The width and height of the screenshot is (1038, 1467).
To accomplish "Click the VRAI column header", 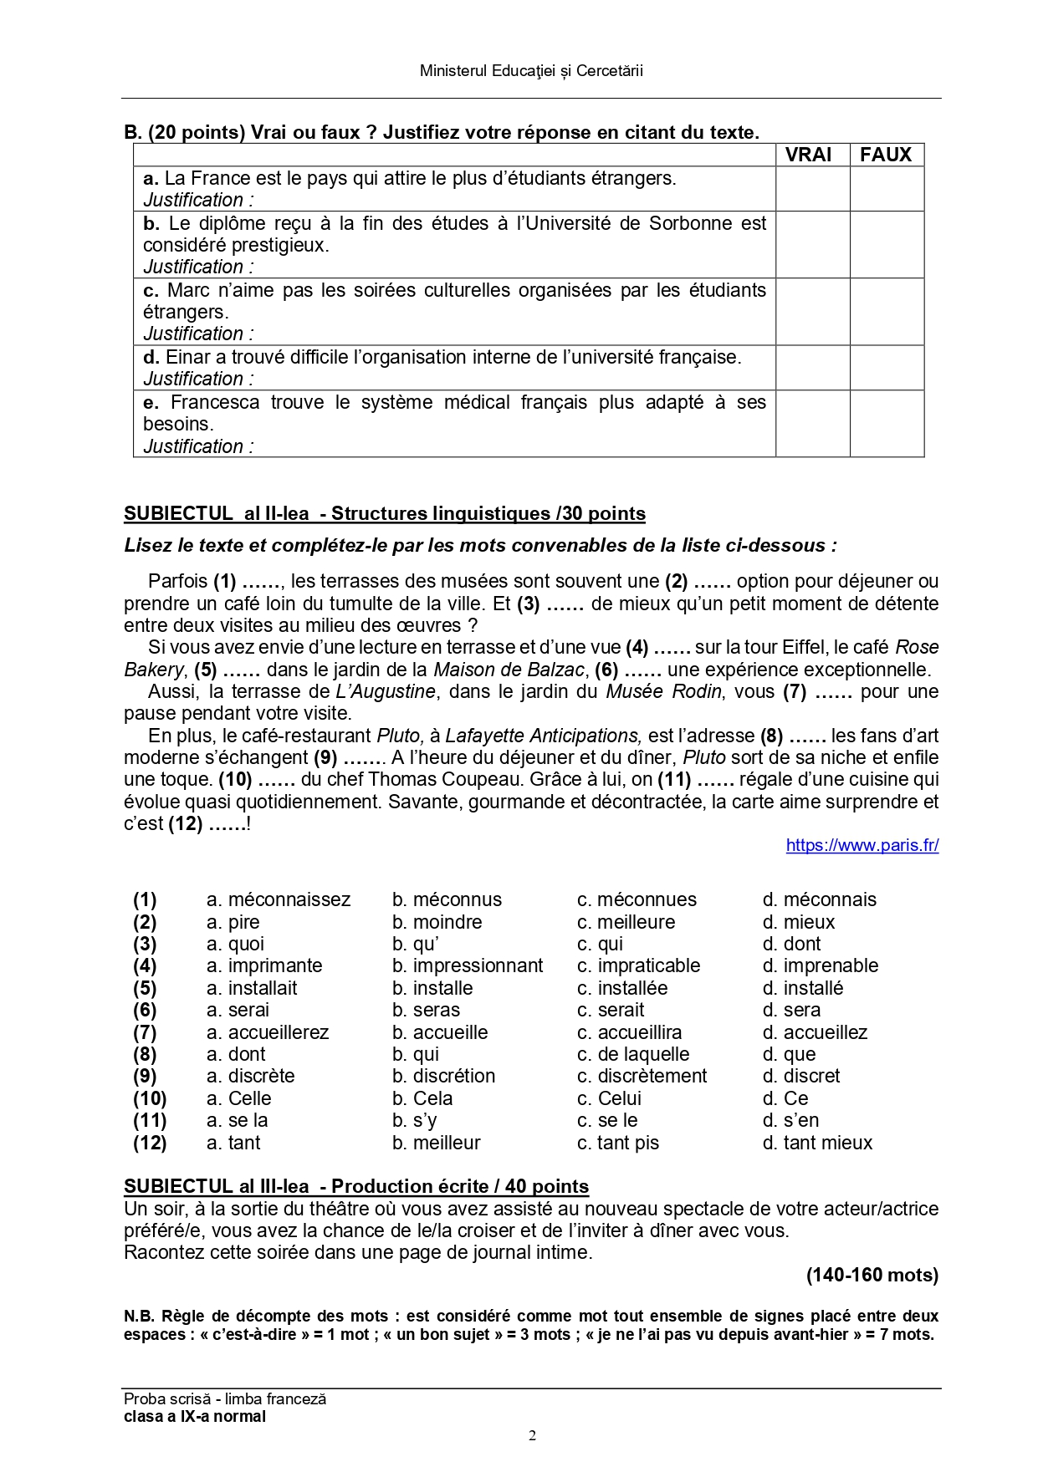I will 808,155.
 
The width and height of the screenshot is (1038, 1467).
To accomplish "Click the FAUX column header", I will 886,155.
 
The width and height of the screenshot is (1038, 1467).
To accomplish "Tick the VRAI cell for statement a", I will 812,189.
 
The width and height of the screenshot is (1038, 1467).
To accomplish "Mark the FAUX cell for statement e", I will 887,424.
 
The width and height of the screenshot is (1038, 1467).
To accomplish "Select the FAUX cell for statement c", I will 887,312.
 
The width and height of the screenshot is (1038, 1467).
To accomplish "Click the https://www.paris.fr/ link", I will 862,845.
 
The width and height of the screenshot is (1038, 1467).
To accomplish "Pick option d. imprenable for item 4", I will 820,965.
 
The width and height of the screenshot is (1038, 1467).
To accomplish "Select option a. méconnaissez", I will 279,900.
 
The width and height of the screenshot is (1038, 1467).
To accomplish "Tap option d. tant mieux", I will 817,1143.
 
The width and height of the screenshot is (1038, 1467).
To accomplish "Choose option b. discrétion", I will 443,1076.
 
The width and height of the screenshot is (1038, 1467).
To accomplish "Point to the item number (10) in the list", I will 150,1098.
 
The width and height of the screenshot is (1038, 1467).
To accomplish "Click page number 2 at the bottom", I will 532,1436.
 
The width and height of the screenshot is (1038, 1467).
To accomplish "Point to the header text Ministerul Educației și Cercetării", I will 531,71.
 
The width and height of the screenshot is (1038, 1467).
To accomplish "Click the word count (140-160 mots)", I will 872,1275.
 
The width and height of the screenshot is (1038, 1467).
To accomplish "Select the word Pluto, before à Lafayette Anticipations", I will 400,736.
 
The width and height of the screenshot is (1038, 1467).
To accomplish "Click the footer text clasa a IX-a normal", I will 195,1416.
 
